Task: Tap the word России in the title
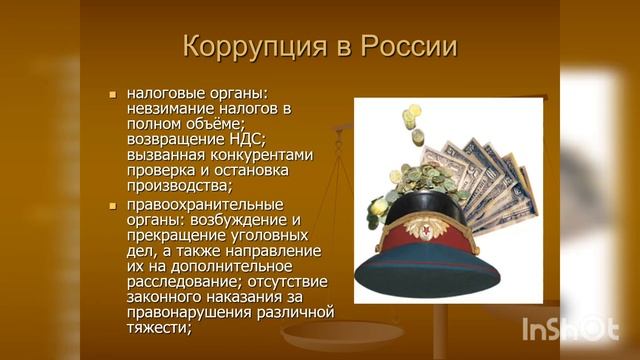point(407,47)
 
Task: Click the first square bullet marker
point(113,93)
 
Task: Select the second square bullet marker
point(113,205)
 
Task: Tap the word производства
point(177,186)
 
